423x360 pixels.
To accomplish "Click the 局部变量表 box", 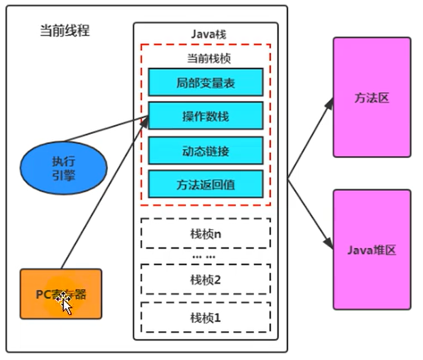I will (x=205, y=81).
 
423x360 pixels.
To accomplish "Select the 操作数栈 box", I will (x=205, y=116).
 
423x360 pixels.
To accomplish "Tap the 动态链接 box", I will (x=205, y=150).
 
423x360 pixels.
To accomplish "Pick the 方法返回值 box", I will (x=205, y=184).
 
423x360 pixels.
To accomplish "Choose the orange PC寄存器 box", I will (x=61, y=294).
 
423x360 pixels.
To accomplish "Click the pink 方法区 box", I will (x=372, y=97).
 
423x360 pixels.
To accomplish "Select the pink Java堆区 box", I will (x=372, y=250).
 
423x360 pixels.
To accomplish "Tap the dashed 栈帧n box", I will (x=205, y=233).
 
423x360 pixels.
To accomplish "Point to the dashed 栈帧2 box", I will (x=205, y=280).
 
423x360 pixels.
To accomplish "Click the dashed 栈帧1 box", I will (x=205, y=317).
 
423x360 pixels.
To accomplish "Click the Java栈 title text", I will (x=205, y=35).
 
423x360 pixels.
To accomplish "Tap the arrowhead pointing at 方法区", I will (x=329, y=102).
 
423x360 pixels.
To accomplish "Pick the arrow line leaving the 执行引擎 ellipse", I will (x=104, y=130).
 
